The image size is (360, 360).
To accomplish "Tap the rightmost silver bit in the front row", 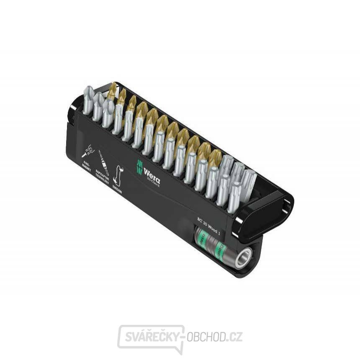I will click(234, 197).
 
